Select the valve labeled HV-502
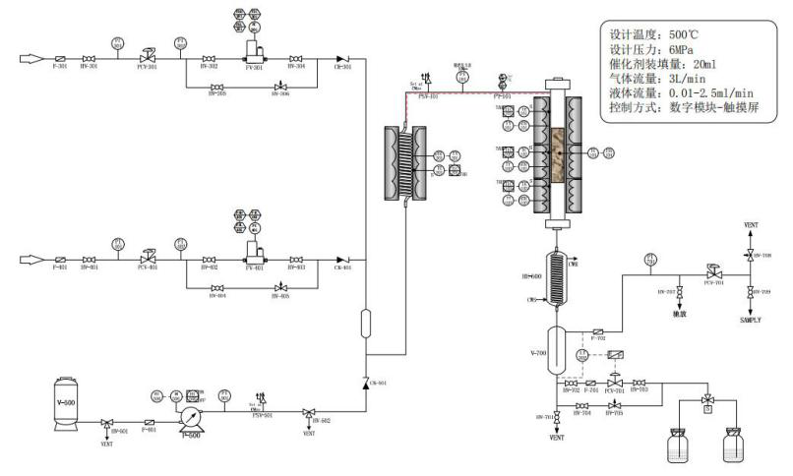[309, 413]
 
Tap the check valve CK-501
[366, 383]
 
